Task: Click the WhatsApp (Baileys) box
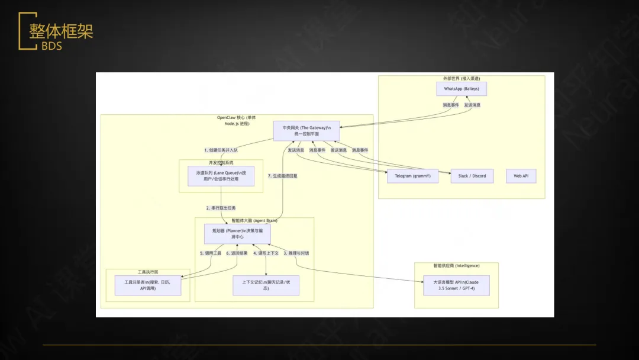click(461, 89)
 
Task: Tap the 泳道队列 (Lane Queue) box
click(221, 175)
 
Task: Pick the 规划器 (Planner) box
click(237, 233)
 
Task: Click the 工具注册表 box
click(147, 285)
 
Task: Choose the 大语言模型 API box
click(456, 285)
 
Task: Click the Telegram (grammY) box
click(412, 176)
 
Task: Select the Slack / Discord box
click(472, 176)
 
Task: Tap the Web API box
click(521, 176)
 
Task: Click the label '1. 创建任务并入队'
click(221, 150)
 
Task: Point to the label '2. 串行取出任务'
click(221, 208)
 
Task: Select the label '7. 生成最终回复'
click(283, 176)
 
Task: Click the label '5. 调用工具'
click(210, 253)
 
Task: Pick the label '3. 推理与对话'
click(296, 253)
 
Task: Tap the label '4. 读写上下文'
click(266, 253)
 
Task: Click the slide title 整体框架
click(61, 31)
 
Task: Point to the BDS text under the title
click(52, 46)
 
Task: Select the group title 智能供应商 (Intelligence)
click(456, 266)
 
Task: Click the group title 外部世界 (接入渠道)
click(461, 78)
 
